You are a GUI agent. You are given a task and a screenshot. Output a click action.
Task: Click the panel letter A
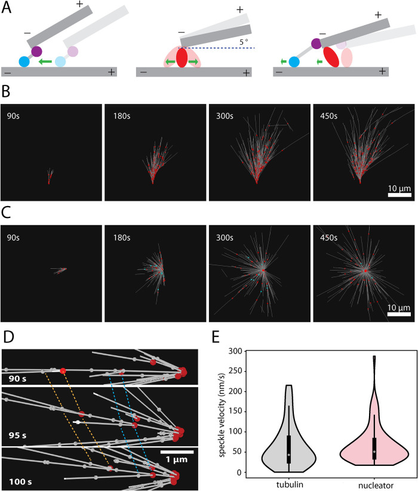pyautogui.click(x=7, y=8)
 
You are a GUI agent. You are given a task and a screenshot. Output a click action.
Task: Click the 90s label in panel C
pyautogui.click(x=13, y=235)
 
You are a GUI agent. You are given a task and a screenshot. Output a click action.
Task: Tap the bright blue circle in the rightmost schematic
pyautogui.click(x=294, y=61)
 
